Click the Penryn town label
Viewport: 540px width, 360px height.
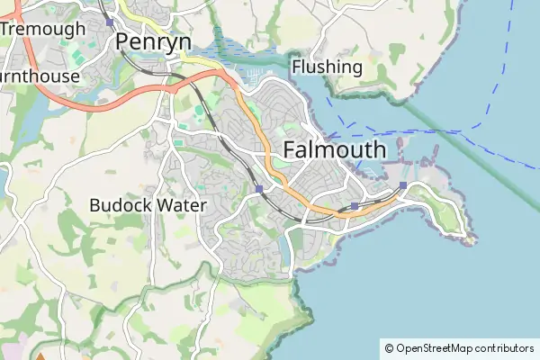coord(153,41)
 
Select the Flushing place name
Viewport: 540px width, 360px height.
coord(327,67)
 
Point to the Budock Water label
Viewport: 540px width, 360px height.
coord(148,205)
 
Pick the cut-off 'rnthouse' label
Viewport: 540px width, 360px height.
coord(40,76)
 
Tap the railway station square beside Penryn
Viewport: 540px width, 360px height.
coord(109,22)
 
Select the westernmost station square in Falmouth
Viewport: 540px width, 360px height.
coord(259,189)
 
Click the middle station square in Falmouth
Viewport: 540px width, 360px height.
coord(355,206)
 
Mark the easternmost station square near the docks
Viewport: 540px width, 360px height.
coord(402,185)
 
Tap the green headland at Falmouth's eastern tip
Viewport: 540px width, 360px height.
coord(446,216)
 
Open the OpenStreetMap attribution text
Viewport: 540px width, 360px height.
coord(464,348)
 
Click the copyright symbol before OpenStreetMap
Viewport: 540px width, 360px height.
coord(389,348)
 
